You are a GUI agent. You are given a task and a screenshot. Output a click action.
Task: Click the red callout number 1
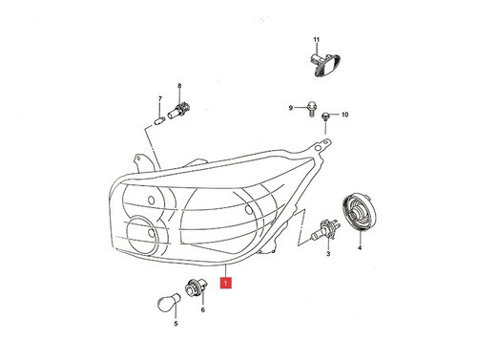coord(224,284)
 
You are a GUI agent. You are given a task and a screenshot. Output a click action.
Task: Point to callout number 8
coord(178,87)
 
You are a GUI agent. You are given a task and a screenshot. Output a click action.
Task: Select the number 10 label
coord(344,116)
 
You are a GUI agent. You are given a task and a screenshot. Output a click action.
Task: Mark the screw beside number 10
coord(326,116)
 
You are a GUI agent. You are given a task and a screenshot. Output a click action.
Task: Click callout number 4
coord(360,247)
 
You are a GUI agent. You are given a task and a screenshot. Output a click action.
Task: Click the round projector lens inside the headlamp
coord(145,234)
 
